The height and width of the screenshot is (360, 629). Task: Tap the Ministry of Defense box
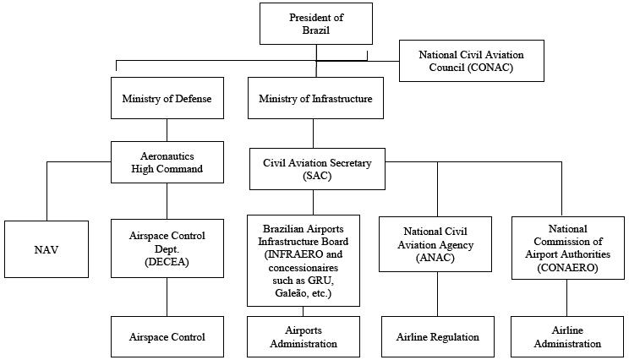tap(167, 99)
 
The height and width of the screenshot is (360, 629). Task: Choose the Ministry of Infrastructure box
tap(314, 99)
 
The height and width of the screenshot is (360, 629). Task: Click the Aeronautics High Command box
tap(167, 163)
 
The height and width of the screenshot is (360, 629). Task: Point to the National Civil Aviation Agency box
tap(437, 245)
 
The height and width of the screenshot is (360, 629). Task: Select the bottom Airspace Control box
tap(167, 337)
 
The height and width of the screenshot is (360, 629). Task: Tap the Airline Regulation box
tap(437, 337)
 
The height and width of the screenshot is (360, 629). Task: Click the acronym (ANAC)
tap(437, 258)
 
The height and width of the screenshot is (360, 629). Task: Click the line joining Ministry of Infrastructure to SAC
tap(314, 133)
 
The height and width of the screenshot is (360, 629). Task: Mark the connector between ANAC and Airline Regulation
tap(437, 294)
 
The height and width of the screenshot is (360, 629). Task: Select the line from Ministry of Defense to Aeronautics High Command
tap(167, 129)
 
